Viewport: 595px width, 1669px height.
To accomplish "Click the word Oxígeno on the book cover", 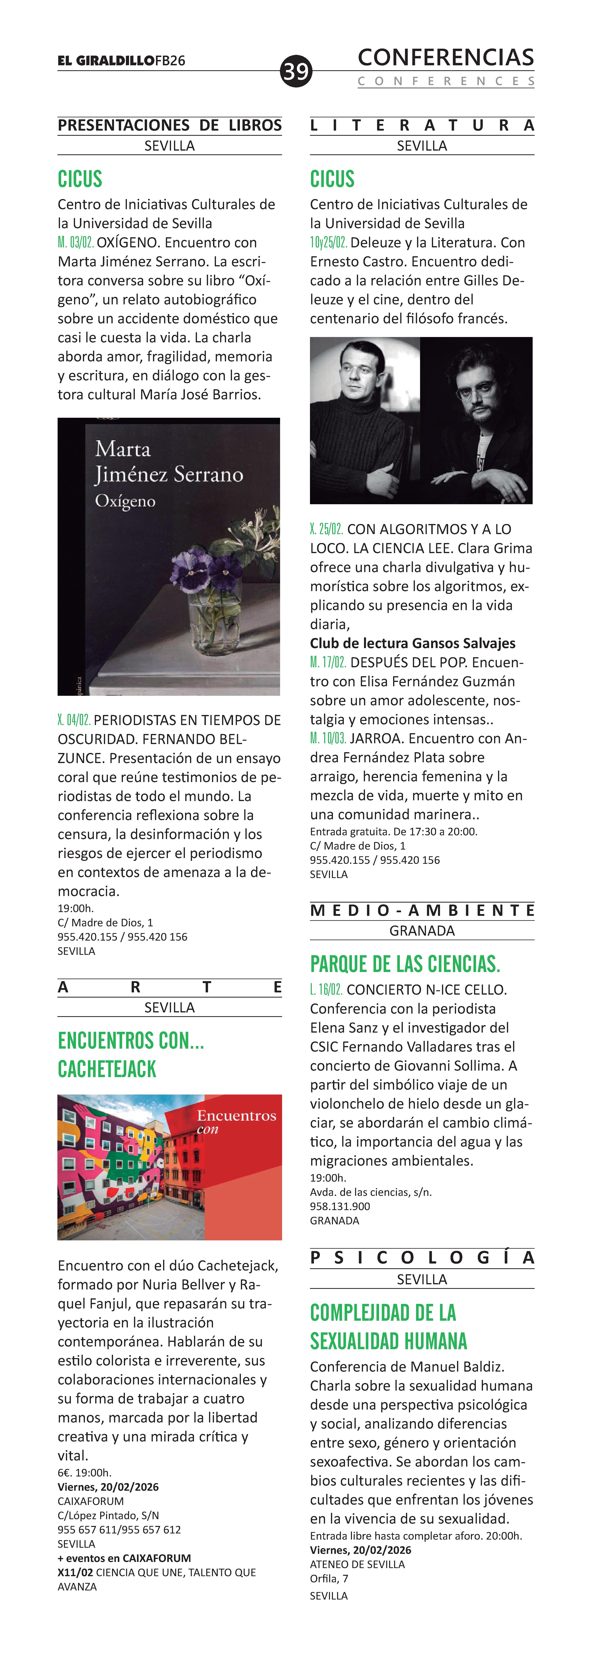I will coord(125,501).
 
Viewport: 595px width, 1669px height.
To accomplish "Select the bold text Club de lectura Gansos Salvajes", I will coord(412,643).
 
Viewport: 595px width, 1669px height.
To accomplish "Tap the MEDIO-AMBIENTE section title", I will coord(422,910).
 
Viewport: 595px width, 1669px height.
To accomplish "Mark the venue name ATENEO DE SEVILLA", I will coord(357,1564).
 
